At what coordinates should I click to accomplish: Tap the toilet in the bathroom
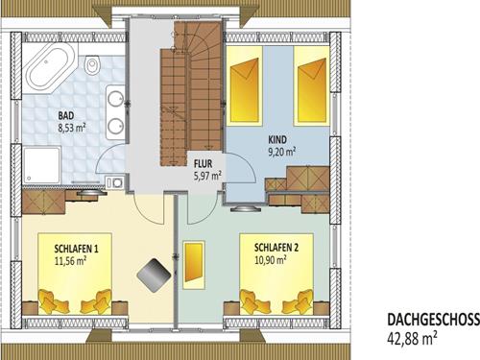tap(92, 65)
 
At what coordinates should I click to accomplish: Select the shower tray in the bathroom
tap(41, 165)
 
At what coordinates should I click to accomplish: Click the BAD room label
tap(66, 115)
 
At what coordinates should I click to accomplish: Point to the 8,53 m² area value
tap(72, 128)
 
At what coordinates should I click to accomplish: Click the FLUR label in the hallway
tap(203, 164)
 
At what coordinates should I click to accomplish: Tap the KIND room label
tap(277, 140)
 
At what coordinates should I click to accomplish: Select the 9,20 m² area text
tap(281, 152)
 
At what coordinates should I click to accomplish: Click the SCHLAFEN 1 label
tap(76, 249)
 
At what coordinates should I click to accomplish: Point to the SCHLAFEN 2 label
tap(276, 248)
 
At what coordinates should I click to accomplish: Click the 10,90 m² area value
tap(270, 260)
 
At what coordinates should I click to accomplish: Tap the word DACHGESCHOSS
tap(434, 320)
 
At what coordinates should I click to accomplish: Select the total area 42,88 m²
tap(412, 338)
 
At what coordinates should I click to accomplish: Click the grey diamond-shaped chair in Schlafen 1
tap(154, 275)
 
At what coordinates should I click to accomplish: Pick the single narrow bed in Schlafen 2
tap(194, 265)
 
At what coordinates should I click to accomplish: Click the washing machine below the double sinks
tap(115, 182)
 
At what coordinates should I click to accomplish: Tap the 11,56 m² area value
tap(70, 261)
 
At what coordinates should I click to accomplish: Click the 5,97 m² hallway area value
tap(208, 176)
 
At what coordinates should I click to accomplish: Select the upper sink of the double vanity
tap(115, 99)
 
